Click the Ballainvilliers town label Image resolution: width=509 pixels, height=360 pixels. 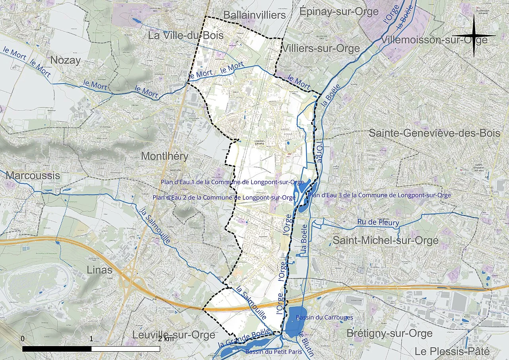point(254,15)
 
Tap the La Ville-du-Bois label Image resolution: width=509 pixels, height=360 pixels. point(186,35)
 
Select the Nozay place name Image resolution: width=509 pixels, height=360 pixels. point(66,60)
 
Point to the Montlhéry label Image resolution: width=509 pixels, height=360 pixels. point(165,156)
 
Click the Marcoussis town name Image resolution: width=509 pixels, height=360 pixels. point(33,175)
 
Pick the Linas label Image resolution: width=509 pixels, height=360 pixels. point(100,270)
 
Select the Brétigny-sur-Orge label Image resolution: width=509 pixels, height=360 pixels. point(389,333)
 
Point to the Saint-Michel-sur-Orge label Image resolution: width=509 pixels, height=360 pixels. point(385,240)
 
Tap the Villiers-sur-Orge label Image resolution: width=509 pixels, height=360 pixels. point(321,49)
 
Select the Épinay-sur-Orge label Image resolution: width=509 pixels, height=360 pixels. point(339,12)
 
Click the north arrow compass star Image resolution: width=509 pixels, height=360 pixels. point(474,36)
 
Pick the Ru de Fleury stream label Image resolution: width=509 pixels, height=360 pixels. point(378,223)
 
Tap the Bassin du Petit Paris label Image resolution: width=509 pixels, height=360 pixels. point(274,352)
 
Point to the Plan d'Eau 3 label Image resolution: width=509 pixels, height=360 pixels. point(380,195)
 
